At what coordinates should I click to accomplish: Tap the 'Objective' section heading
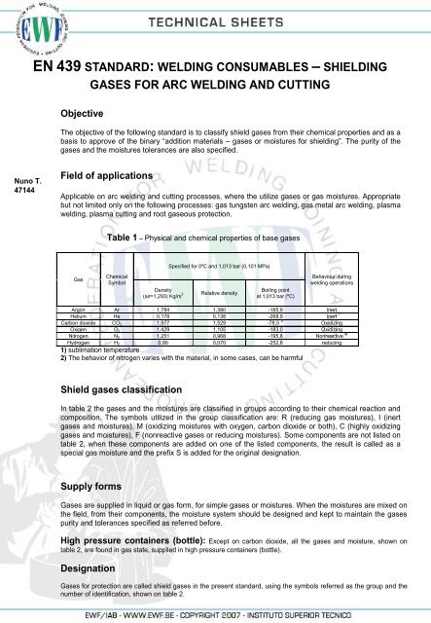[x=87, y=113]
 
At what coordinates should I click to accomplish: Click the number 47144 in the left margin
[x=20, y=192]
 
